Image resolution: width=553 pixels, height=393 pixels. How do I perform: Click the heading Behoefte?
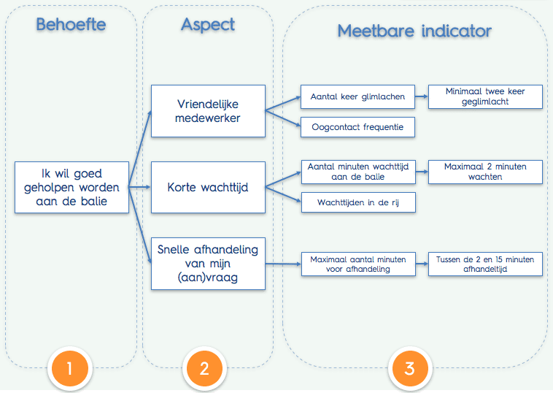pyautogui.click(x=71, y=24)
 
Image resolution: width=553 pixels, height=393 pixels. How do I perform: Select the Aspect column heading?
pyautogui.click(x=208, y=24)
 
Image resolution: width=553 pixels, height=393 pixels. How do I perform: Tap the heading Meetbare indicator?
pyautogui.click(x=414, y=31)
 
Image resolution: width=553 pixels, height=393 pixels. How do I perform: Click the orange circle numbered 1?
pyautogui.click(x=69, y=368)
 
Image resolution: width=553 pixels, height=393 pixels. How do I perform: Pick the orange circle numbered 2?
pyautogui.click(x=204, y=368)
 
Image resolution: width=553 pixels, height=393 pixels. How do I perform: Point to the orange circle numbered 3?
pyautogui.click(x=409, y=368)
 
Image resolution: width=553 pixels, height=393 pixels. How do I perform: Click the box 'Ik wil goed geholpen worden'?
pyautogui.click(x=72, y=187)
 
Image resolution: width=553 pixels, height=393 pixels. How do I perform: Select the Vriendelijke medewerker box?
pyautogui.click(x=208, y=111)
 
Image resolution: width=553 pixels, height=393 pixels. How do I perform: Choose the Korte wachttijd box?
pyautogui.click(x=208, y=188)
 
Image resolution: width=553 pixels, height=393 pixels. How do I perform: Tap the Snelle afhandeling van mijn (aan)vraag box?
pyautogui.click(x=208, y=262)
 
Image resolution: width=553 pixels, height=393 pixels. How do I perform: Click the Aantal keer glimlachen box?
pyautogui.click(x=357, y=96)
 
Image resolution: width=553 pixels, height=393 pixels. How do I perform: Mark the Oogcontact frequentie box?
pyautogui.click(x=357, y=127)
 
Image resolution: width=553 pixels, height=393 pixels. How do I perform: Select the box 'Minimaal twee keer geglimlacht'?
pyautogui.click(x=485, y=96)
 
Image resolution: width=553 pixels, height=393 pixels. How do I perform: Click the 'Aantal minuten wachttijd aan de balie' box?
pyautogui.click(x=357, y=172)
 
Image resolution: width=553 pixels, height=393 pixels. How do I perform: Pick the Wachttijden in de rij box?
pyautogui.click(x=357, y=202)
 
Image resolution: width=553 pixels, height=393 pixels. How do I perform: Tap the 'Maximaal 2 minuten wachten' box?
pyautogui.click(x=485, y=172)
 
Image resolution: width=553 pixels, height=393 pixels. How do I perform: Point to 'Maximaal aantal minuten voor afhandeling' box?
pyautogui.click(x=357, y=264)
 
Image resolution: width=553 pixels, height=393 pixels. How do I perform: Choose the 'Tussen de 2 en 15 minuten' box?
pyautogui.click(x=485, y=264)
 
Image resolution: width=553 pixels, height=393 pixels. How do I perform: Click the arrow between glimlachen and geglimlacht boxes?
pyautogui.click(x=422, y=96)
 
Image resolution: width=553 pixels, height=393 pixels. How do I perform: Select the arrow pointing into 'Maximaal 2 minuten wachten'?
pyautogui.click(x=422, y=172)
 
